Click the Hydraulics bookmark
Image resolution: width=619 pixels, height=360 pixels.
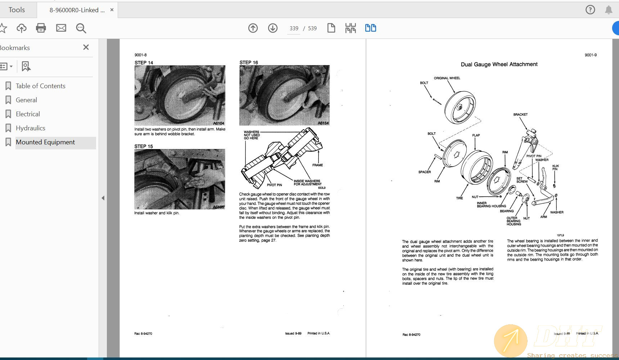click(31, 128)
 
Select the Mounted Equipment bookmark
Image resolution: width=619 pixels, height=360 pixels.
click(45, 142)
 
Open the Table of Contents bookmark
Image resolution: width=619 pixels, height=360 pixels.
click(40, 86)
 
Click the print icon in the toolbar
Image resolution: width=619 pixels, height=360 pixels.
click(41, 28)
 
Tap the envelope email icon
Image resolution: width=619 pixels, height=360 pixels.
click(61, 28)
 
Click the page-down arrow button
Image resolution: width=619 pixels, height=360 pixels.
click(273, 28)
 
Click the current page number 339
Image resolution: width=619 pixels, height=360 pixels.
click(294, 28)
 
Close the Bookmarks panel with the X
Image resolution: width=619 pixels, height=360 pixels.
click(86, 47)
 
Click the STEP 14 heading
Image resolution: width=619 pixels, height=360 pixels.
click(144, 63)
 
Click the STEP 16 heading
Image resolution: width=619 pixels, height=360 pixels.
click(249, 62)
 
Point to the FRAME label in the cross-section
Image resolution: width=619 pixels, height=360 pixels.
click(317, 165)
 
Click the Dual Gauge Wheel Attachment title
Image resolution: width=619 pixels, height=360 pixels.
click(499, 64)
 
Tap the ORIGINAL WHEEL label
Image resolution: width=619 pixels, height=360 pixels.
click(447, 78)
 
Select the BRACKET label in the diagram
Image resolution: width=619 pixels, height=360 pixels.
click(520, 114)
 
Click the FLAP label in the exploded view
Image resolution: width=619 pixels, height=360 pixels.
click(476, 135)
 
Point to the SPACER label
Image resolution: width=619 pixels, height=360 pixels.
click(424, 172)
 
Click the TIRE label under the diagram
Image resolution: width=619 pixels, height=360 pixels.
click(459, 198)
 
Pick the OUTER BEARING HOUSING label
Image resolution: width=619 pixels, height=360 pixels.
click(514, 221)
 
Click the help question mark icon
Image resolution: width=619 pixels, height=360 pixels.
click(590, 10)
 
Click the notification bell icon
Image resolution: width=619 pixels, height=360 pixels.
click(609, 10)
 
